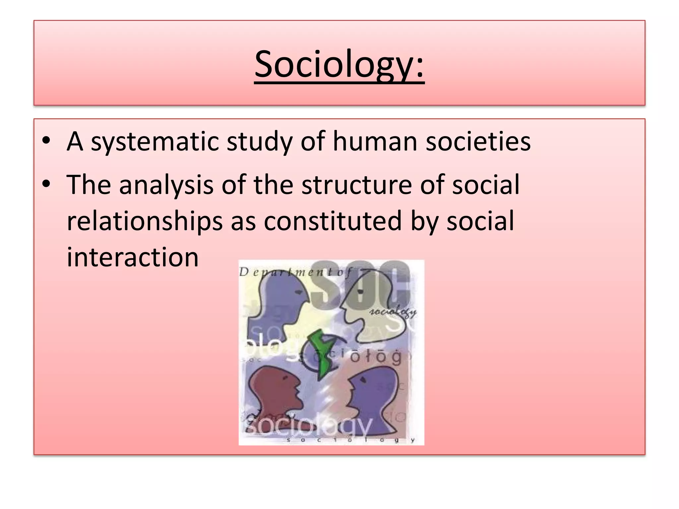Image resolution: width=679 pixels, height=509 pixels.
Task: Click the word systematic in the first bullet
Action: point(155,141)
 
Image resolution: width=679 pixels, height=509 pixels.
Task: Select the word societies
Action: point(478,141)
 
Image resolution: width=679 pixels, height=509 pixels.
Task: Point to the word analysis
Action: point(166,185)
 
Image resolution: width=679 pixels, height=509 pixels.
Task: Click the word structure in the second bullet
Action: point(356,185)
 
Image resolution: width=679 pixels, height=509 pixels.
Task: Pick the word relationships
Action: point(145,221)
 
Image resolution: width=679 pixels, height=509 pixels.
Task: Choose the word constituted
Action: point(333,221)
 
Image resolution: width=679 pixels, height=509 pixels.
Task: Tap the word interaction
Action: point(133,257)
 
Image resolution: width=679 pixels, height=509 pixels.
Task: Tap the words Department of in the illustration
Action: point(295,272)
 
